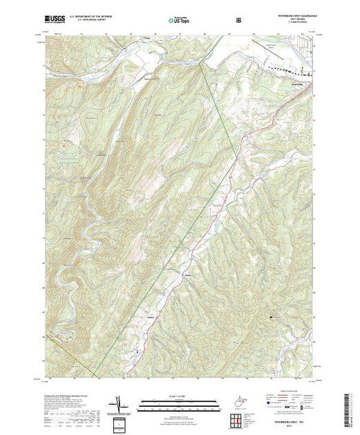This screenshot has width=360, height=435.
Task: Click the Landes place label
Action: click(151, 318)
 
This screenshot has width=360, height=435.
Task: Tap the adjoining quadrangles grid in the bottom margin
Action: click(238, 418)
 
